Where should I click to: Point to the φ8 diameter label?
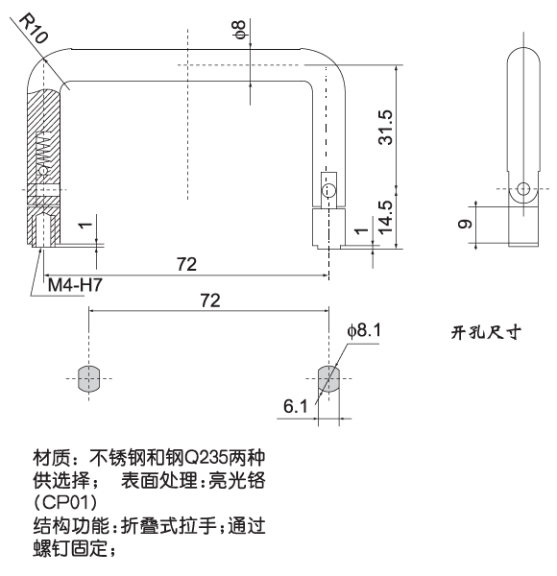pos(239,31)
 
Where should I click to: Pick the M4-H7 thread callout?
pos(76,286)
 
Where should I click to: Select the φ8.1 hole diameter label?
pos(365,329)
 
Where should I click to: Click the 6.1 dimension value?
pos(295,406)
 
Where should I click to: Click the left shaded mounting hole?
pos(88,378)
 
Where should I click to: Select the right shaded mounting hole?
pos(327,378)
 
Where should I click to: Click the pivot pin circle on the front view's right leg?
pos(328,190)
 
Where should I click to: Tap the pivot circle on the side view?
pos(523,189)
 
